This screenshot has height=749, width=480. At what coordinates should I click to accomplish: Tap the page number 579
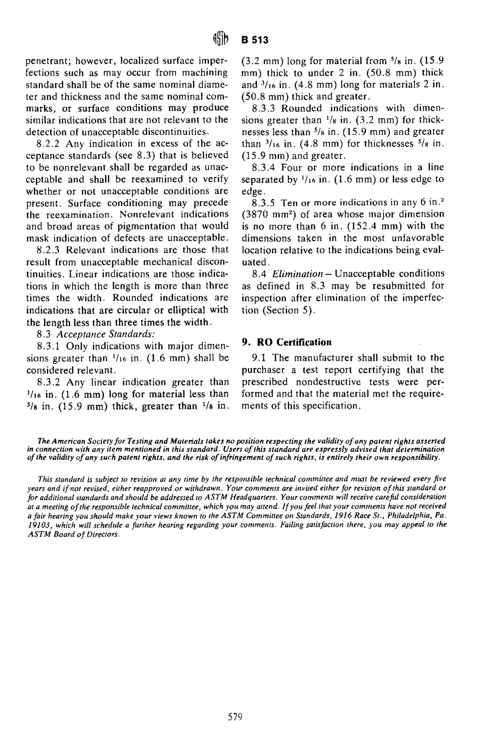(235, 716)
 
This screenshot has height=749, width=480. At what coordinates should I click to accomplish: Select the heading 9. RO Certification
(287, 342)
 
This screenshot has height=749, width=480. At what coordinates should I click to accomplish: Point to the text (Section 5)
(289, 310)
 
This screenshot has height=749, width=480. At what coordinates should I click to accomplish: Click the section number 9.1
(257, 358)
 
